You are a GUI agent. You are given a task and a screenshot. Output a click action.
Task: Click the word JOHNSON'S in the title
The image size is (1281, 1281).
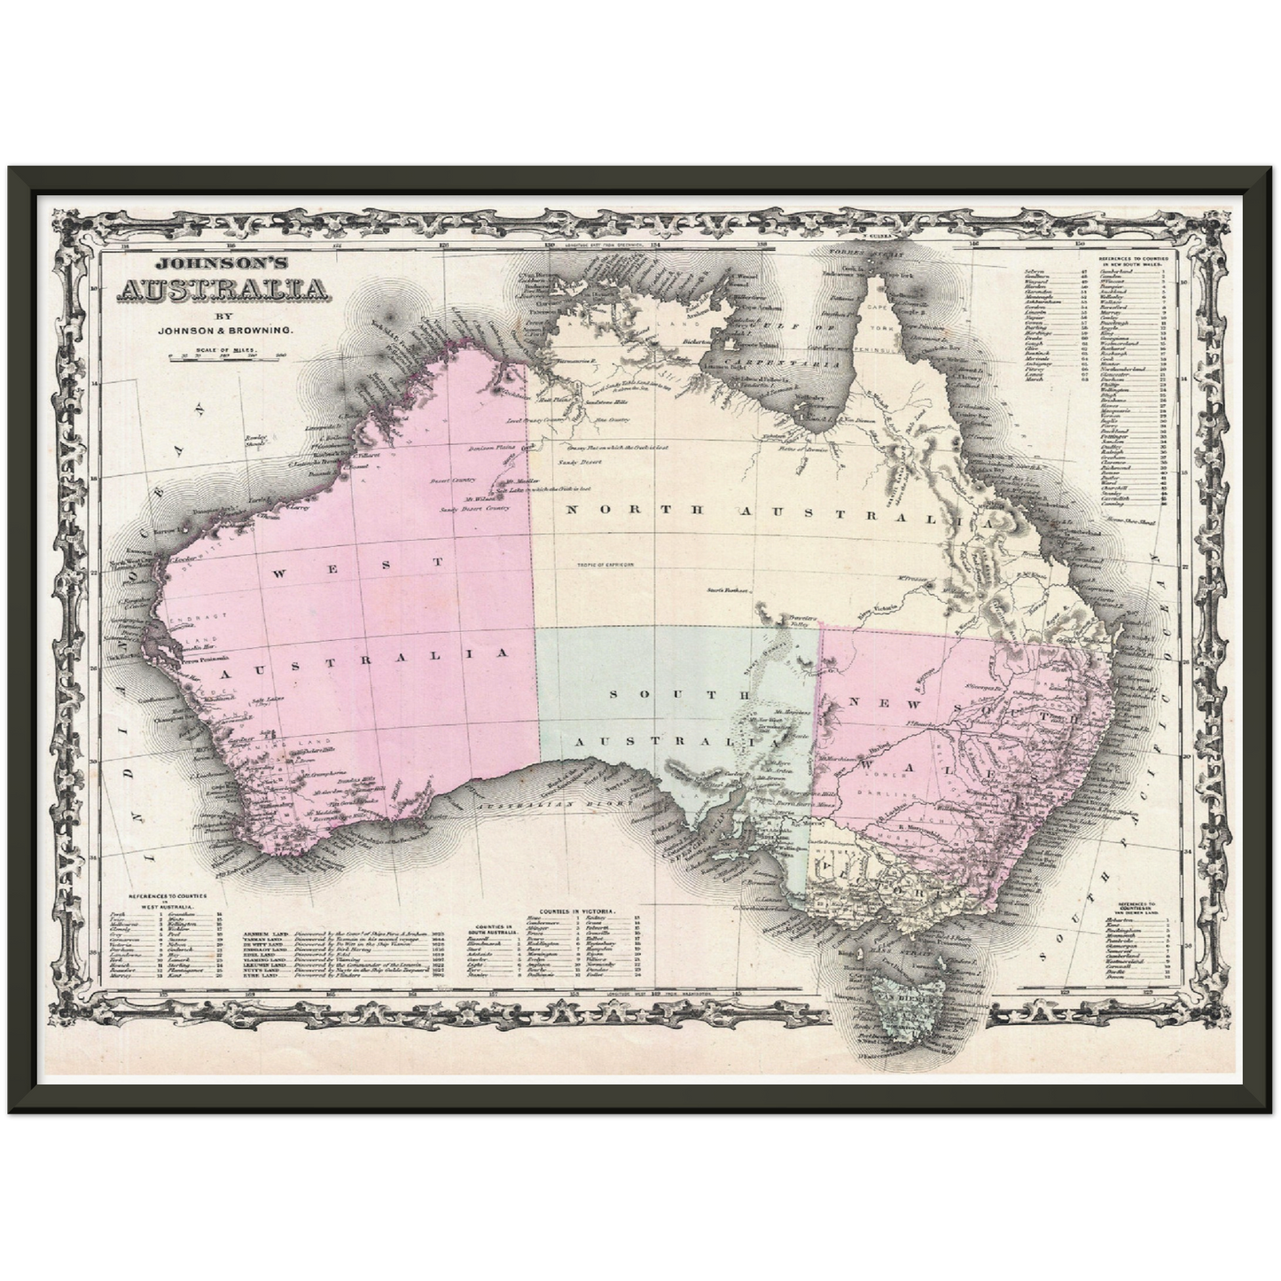[x=222, y=263]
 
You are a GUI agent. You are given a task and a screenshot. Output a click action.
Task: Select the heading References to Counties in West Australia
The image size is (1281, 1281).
[x=168, y=899]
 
